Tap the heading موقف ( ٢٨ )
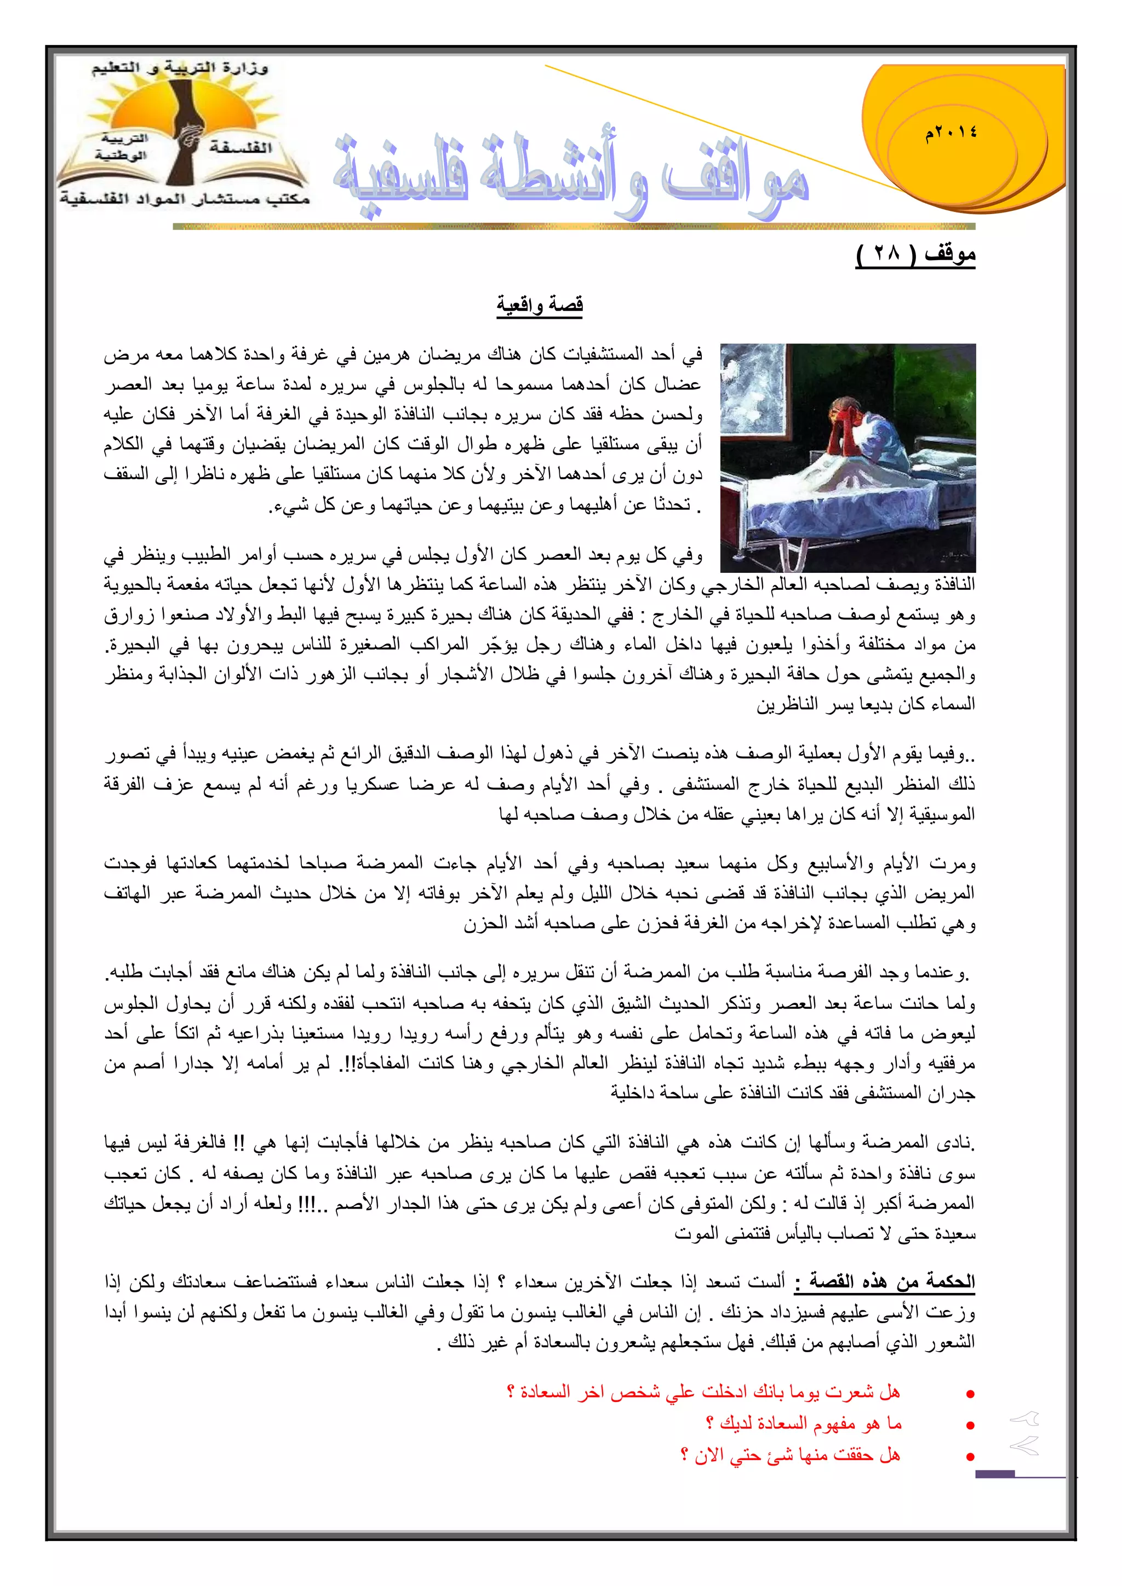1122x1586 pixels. pos(915,254)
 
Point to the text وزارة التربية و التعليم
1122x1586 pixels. pos(180,68)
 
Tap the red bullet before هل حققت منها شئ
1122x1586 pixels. pos(970,1457)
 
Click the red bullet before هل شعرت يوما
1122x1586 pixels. pos(970,1394)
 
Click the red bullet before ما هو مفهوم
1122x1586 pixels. pos(970,1425)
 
